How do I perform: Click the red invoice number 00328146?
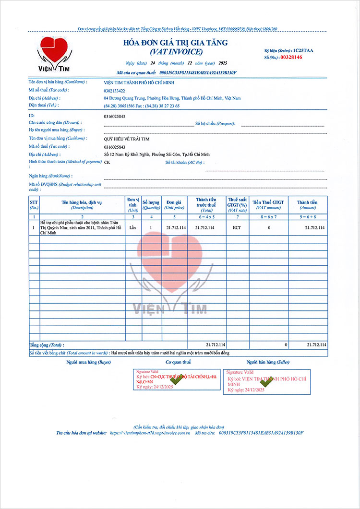[291, 58]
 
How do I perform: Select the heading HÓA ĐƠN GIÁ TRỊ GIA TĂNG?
[176, 43]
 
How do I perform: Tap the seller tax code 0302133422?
[114, 91]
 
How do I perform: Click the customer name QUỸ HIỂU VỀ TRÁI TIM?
[127, 139]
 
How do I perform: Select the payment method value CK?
[107, 162]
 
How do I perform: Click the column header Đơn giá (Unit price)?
[174, 204]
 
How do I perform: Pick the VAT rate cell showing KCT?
[237, 227]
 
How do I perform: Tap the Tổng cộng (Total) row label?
[47, 345]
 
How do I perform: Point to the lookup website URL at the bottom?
[150, 433]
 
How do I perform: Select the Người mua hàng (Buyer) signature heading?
[88, 362]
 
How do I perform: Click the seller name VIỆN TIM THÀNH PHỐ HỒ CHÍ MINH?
[139, 83]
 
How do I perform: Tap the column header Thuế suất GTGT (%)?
[237, 204]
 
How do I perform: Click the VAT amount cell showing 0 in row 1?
[269, 227]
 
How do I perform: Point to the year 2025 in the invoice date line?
[223, 63]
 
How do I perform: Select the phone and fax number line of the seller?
[142, 106]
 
